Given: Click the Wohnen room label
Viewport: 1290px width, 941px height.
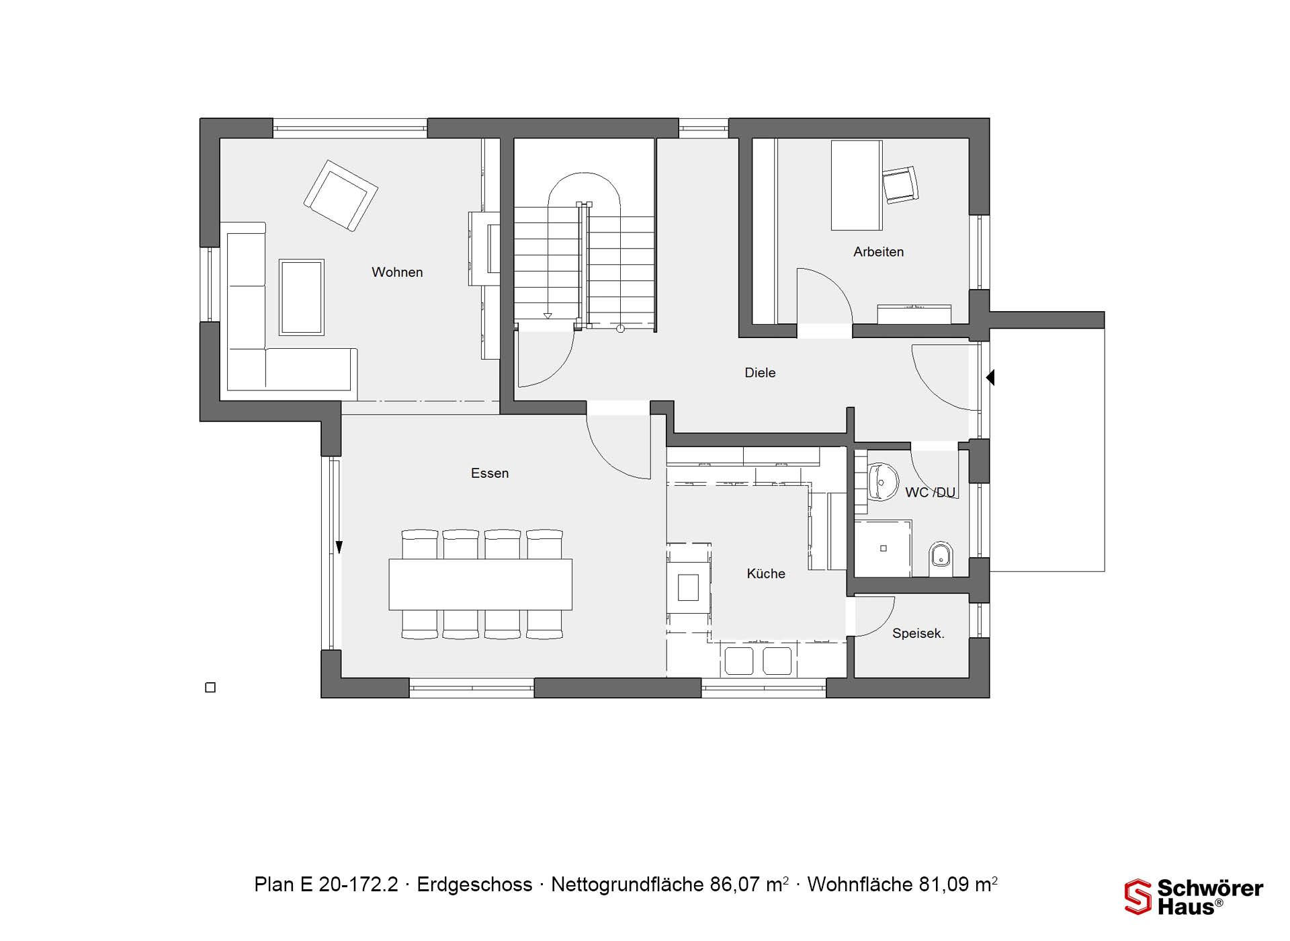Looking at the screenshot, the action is coord(397,272).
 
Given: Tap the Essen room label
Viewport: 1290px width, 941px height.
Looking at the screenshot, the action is coord(490,473).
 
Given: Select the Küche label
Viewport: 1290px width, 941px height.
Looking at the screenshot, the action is coord(766,573).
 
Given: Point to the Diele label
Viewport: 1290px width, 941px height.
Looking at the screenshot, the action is coord(760,372).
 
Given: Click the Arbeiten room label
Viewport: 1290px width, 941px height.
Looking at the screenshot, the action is coord(878,252).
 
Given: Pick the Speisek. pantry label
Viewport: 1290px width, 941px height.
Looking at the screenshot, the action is coord(918,633).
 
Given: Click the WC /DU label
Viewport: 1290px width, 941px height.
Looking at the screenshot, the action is coord(930,493).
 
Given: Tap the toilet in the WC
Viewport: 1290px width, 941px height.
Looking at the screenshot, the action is coord(941,558).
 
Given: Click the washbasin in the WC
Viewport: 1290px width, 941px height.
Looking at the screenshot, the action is coord(883,481).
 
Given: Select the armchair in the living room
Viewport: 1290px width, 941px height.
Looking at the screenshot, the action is coord(341,195).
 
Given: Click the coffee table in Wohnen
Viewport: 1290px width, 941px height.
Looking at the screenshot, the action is coord(302,297).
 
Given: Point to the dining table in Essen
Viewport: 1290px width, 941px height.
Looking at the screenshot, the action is coord(480,585).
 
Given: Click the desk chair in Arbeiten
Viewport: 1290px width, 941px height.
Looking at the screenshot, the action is coord(900,184).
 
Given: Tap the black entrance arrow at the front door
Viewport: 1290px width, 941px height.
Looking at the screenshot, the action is coord(990,378).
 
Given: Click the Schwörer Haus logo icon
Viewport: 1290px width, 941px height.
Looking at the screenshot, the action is coord(1137,897).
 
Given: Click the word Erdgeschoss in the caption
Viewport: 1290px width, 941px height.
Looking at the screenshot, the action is coord(474,885).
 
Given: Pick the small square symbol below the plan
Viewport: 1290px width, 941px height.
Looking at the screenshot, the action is coord(210,688).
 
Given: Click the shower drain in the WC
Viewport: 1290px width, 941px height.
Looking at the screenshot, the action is coord(884,548).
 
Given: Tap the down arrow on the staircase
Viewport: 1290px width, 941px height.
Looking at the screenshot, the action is coord(548,315).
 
